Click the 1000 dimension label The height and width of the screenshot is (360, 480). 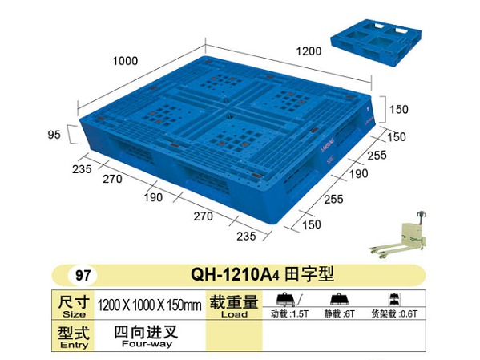click(125, 61)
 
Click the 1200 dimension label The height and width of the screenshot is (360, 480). click(309, 51)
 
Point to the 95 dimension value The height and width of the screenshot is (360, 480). click(54, 135)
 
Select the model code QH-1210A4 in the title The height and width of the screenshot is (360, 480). click(235, 274)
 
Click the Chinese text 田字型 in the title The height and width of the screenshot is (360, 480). click(309, 274)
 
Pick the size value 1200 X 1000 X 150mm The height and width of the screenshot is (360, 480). click(149, 305)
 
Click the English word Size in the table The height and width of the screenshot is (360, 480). click(74, 314)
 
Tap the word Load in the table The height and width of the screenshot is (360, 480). click(234, 314)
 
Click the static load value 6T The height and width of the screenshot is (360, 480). click(349, 313)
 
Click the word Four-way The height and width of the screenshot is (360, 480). click(147, 344)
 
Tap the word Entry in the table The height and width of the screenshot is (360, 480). click(74, 345)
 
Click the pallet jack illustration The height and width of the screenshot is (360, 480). click(399, 235)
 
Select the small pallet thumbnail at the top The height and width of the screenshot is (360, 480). click(376, 42)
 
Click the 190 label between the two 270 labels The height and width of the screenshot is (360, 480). click(153, 197)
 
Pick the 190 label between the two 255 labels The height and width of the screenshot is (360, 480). click(358, 174)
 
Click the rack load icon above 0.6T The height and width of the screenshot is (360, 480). click(393, 299)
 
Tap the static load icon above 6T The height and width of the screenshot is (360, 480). click(340, 300)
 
